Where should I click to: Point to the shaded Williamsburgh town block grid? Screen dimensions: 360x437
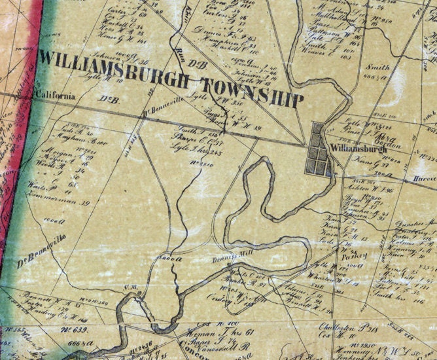tap(319, 149)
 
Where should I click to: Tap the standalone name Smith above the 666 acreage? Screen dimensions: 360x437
tap(377, 67)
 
